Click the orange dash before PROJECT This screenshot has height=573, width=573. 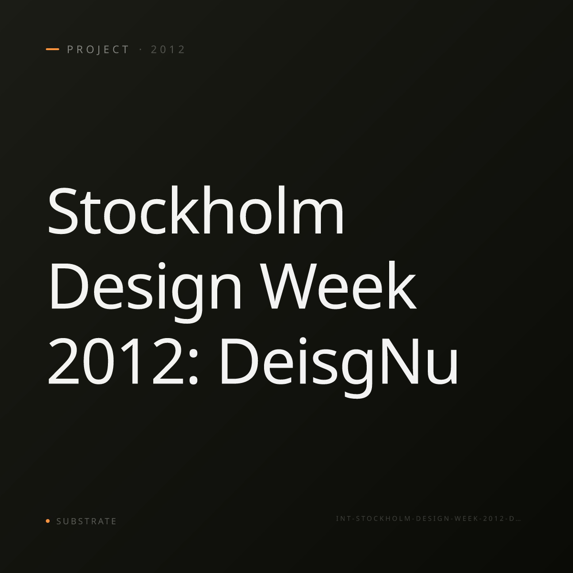click(x=53, y=49)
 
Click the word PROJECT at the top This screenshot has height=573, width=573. click(x=98, y=50)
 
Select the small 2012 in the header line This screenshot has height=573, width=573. click(x=168, y=50)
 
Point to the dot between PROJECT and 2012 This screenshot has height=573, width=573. click(x=140, y=49)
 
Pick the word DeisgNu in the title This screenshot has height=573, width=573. click(x=339, y=367)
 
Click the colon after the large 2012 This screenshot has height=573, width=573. click(x=193, y=367)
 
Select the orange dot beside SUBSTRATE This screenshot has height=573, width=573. click(x=48, y=520)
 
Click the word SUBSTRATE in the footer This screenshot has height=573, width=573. click(x=86, y=521)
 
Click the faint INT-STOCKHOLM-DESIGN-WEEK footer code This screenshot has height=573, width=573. click(x=428, y=519)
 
